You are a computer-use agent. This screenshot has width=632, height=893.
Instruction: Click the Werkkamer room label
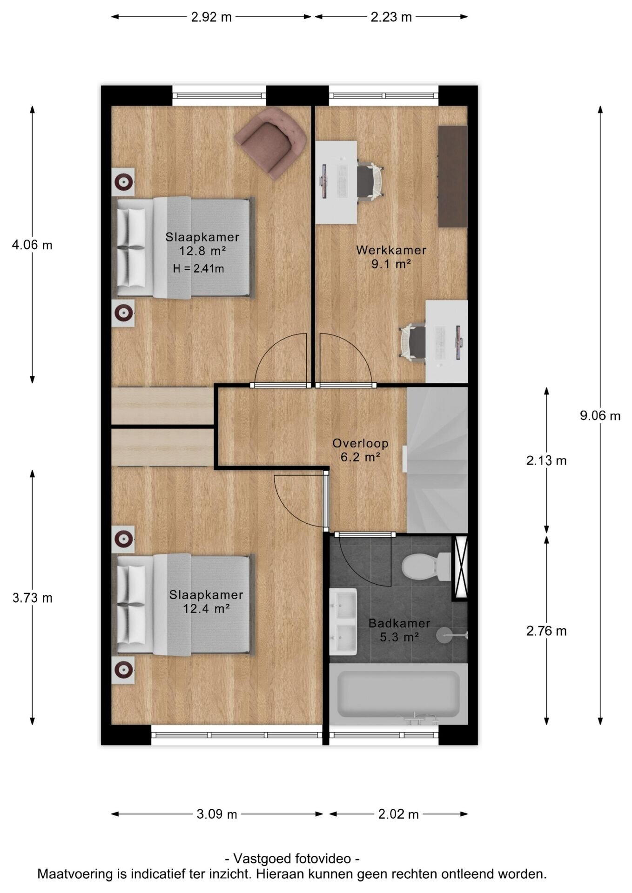391,250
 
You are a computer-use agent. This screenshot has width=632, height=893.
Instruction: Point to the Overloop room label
360,443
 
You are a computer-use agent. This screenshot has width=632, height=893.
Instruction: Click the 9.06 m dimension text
600,416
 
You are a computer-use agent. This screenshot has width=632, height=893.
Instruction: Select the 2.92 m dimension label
211,17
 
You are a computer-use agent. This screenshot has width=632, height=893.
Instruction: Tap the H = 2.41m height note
199,268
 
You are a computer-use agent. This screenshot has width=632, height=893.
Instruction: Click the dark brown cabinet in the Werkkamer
453,176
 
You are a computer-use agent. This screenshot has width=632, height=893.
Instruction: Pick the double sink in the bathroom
343,621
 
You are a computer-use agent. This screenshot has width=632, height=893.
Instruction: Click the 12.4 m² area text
206,608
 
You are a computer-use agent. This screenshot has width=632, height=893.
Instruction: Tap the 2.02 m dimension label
398,814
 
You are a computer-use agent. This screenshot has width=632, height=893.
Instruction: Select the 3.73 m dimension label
32,598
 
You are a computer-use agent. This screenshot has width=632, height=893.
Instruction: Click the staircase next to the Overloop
437,460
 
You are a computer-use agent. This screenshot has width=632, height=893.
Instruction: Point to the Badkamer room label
399,623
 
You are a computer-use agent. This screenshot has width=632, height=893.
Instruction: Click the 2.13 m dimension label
546,461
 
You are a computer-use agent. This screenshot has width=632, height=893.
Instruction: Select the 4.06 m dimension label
32,245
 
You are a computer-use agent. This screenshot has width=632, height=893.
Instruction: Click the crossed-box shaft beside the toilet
460,568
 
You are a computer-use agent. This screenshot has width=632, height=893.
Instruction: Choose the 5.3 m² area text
399,637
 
